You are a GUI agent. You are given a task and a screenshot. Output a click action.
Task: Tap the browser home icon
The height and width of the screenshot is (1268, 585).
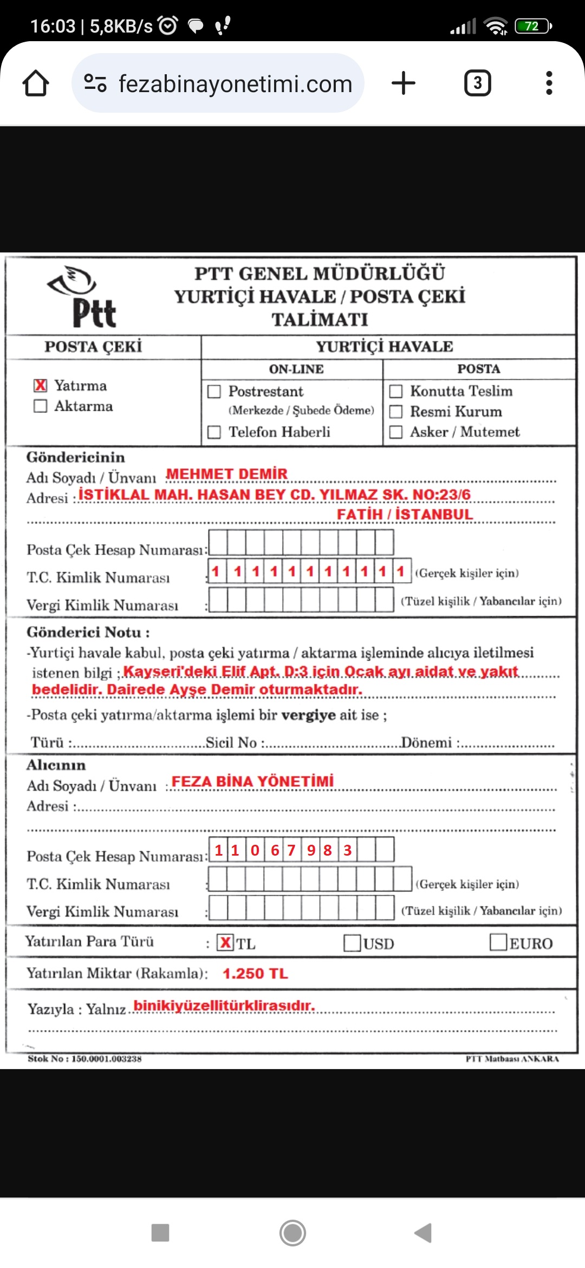[x=36, y=83]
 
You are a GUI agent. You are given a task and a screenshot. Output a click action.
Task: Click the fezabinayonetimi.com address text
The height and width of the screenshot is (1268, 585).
[x=235, y=84]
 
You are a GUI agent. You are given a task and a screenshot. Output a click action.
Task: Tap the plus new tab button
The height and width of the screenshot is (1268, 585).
[x=404, y=83]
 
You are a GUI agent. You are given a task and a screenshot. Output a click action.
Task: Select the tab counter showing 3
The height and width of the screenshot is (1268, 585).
[x=477, y=83]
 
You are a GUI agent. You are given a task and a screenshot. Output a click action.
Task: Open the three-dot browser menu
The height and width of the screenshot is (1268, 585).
[x=549, y=83]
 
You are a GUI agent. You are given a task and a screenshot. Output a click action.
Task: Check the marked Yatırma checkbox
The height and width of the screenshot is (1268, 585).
[x=41, y=385]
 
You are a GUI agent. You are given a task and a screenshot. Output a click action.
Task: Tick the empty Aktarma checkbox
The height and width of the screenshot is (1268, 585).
[x=41, y=406]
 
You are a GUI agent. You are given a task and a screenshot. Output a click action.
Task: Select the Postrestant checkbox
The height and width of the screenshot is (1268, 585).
[x=214, y=391]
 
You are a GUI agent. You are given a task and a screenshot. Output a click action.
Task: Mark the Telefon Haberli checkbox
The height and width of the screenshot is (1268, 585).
[x=214, y=432]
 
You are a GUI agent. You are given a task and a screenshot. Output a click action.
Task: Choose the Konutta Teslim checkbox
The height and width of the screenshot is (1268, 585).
[x=396, y=391]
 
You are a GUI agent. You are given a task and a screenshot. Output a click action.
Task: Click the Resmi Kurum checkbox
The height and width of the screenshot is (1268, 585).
[x=396, y=412]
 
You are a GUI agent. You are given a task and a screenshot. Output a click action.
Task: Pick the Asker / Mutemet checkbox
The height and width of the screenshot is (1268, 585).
[x=396, y=432]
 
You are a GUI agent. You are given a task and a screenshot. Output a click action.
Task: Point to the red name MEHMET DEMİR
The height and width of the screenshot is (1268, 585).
[x=226, y=474]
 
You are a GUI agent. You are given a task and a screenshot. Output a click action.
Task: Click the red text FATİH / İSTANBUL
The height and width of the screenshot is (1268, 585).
[x=405, y=514]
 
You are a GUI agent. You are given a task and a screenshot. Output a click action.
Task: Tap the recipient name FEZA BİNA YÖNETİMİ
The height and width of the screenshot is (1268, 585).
[x=252, y=781]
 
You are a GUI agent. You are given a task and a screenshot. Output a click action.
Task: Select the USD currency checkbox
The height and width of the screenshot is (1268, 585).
[x=352, y=943]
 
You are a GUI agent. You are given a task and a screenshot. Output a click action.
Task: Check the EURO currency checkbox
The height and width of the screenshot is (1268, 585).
[x=498, y=942]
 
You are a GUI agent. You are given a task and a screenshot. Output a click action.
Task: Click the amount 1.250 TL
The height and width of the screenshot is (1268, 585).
[x=255, y=974]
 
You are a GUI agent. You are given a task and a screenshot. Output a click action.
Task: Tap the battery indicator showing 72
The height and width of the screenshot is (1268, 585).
[x=532, y=26]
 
